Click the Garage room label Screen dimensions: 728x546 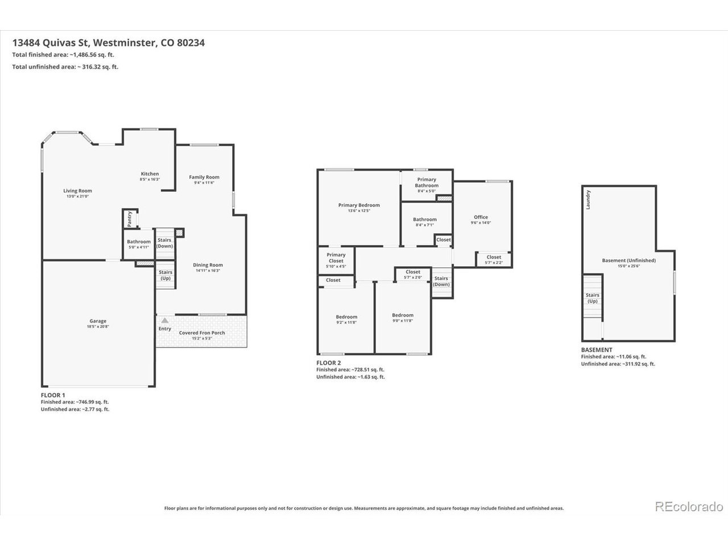(x=98, y=321)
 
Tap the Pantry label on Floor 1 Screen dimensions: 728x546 (x=129, y=219)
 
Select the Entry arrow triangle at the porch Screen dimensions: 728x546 (x=164, y=320)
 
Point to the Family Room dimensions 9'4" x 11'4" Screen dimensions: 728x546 (x=204, y=183)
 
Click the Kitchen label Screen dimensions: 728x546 (x=150, y=173)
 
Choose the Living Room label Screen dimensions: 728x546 (x=77, y=191)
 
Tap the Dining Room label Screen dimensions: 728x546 (x=208, y=265)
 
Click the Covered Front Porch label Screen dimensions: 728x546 (x=202, y=333)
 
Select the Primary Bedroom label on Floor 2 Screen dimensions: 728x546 (x=359, y=205)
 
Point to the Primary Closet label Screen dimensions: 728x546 (x=336, y=258)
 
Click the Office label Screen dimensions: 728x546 (x=481, y=217)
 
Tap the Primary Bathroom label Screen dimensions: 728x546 (x=427, y=183)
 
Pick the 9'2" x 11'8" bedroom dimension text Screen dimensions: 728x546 (x=346, y=322)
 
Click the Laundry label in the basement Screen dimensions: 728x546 (x=588, y=200)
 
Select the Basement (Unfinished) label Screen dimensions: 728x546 (x=629, y=260)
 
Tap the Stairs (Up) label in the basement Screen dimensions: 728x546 (x=592, y=297)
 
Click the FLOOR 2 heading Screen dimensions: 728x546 (x=328, y=363)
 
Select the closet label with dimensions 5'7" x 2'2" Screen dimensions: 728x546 (x=494, y=257)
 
